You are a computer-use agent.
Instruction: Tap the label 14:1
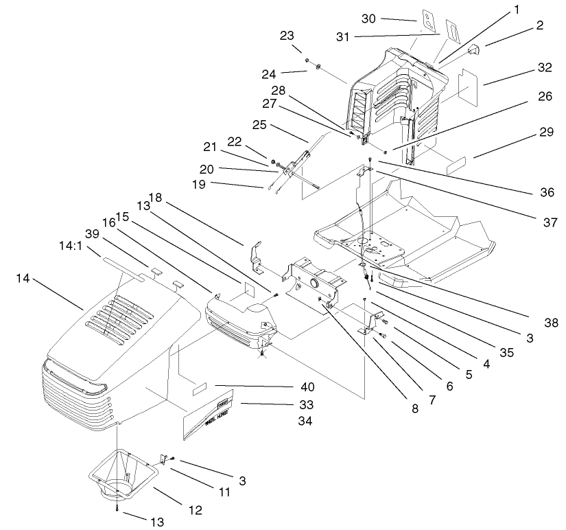pyautogui.click(x=64, y=244)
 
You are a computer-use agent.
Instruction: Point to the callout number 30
pyautogui.click(x=368, y=19)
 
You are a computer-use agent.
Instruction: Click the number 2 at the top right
pyautogui.click(x=540, y=26)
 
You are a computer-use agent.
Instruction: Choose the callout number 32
pyautogui.click(x=545, y=69)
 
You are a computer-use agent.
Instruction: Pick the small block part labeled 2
pyautogui.click(x=474, y=49)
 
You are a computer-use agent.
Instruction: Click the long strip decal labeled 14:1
pyautogui.click(x=123, y=262)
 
